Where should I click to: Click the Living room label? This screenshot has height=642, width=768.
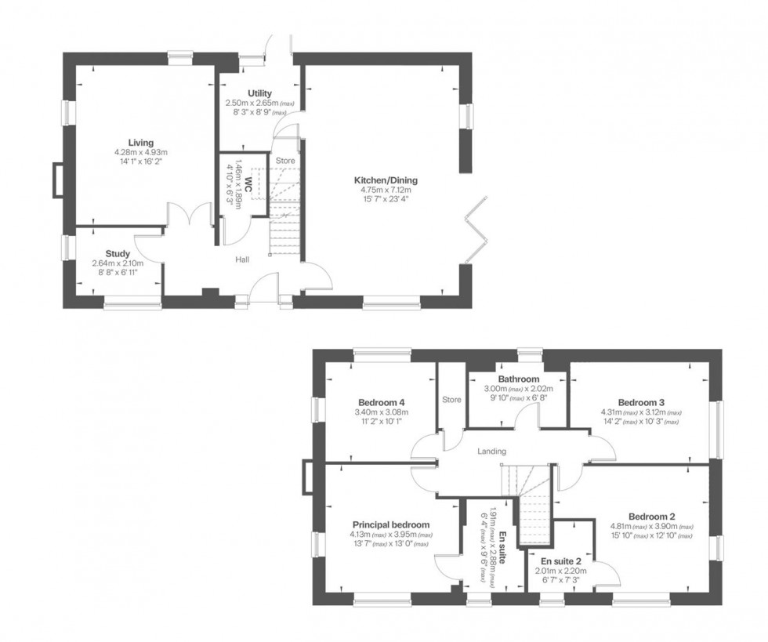point(141,142)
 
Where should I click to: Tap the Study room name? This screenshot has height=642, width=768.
point(118,254)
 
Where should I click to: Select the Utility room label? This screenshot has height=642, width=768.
point(259,93)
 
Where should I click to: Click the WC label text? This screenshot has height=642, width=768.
point(247,184)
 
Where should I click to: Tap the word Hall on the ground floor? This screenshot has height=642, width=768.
point(241,259)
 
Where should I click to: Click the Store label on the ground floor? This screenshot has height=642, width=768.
point(284,162)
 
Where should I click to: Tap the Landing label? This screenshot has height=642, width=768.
point(491,451)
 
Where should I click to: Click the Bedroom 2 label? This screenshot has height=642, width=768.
point(651,516)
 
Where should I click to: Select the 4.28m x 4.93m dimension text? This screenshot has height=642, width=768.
point(141,152)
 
